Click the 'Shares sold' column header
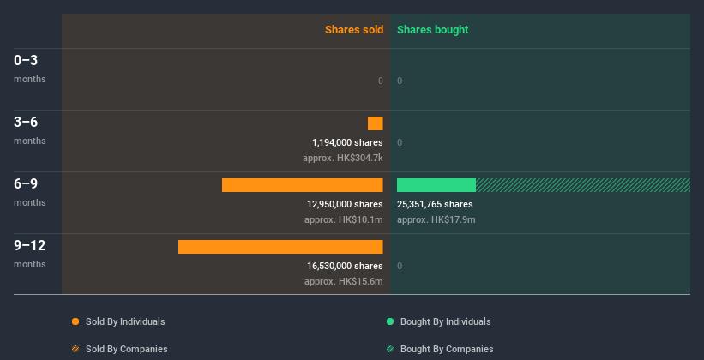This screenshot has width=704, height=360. coord(353,30)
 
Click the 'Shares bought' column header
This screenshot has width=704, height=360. coord(432,30)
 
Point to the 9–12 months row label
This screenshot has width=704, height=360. coord(30,253)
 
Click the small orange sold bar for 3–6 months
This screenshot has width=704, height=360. coord(376,123)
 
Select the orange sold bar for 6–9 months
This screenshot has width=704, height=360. coord(302,185)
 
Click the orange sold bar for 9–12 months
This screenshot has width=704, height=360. coord(280,247)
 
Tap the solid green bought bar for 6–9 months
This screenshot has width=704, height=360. coord(436,185)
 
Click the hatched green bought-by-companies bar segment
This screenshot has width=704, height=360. coord(583,185)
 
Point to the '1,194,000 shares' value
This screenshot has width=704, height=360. coord(347,142)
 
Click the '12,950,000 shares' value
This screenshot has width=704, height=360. coord(345,204)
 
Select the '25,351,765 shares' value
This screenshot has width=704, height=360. coord(435,204)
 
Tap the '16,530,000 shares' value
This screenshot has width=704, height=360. coord(345,266)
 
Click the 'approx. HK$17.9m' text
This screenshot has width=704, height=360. coord(436,219)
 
